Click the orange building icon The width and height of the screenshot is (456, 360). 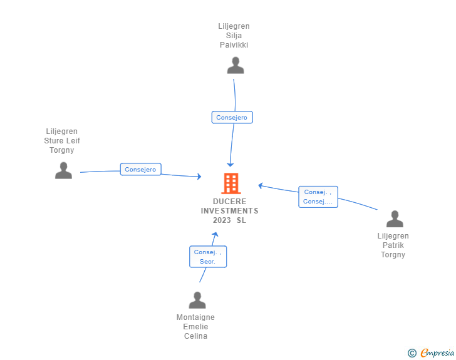(231, 183)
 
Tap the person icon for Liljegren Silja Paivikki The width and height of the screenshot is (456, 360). (236, 65)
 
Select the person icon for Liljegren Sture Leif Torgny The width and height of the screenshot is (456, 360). (63, 170)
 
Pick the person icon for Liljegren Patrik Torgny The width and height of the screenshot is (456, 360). (395, 219)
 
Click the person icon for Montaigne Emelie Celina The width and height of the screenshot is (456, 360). (197, 300)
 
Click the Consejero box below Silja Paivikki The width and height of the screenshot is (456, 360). (232, 117)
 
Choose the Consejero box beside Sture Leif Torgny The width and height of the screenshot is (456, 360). (141, 169)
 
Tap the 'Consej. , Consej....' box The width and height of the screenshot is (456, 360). (318, 197)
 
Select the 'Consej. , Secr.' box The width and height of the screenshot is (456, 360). (208, 257)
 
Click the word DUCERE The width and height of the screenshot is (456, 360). (229, 201)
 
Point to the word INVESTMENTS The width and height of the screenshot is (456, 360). (229, 211)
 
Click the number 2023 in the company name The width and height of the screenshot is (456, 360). (222, 220)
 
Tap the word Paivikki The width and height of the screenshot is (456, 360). (234, 45)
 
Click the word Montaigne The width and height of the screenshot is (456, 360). (195, 317)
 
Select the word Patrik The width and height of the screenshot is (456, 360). (393, 245)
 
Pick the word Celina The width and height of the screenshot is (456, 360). (195, 336)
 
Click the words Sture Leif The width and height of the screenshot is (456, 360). (62, 140)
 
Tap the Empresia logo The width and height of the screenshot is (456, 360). (437, 352)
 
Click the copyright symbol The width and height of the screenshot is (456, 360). (412, 353)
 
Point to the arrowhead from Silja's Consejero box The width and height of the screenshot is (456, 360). (231, 165)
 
